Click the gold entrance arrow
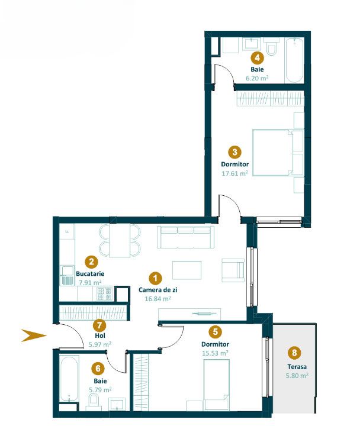pyautogui.click(x=34, y=335)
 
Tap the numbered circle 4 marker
pyautogui.click(x=257, y=58)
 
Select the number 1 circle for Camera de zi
pyautogui.click(x=156, y=278)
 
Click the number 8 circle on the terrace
pyautogui.click(x=294, y=353)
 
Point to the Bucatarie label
pyautogui.click(x=90, y=273)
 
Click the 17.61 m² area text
pyautogui.click(x=234, y=173)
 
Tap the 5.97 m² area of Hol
pyautogui.click(x=100, y=344)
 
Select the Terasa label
pyautogui.click(x=297, y=367)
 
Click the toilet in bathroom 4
pyautogui.click(x=271, y=46)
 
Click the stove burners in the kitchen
pyautogui.click(x=105, y=294)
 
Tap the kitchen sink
pyautogui.click(x=67, y=275)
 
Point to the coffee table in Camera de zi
pyautogui.click(x=187, y=270)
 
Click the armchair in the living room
pyautogui.click(x=233, y=270)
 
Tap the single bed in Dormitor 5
pyautogui.click(x=217, y=385)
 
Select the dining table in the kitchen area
pyautogui.click(x=120, y=240)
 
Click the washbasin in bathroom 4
pyautogui.click(x=252, y=44)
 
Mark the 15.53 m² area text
pyautogui.click(x=215, y=353)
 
